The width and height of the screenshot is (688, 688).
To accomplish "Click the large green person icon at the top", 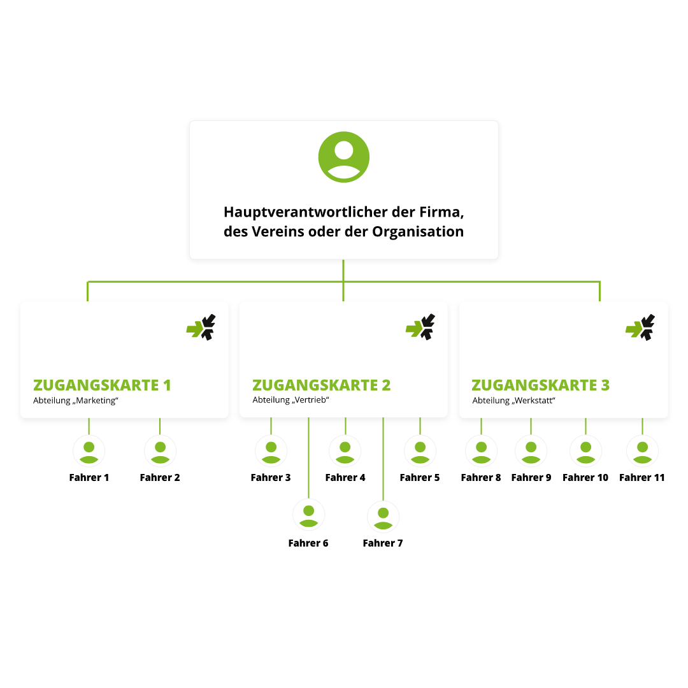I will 344,157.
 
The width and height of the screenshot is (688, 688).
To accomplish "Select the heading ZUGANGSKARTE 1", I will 102,385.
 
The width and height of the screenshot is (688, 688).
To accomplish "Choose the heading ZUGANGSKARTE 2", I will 321,385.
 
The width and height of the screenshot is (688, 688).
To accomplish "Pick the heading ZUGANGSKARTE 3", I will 540,385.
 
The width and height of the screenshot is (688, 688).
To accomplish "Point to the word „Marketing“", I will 97,401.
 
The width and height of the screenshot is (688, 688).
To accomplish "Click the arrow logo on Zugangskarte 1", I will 201,327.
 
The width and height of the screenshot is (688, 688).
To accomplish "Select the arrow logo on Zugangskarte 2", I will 420,327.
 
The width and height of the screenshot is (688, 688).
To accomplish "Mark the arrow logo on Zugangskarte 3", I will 640,327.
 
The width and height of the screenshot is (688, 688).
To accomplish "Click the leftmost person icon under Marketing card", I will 89,451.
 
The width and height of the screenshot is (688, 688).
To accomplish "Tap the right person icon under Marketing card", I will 160,451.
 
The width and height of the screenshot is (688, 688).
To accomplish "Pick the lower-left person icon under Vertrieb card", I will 308,515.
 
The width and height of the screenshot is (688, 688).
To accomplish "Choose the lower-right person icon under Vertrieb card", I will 383,517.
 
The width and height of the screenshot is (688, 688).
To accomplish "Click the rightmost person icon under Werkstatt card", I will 642,451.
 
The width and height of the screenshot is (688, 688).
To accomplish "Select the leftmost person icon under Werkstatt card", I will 481,451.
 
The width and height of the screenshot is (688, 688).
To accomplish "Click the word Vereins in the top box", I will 275,232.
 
